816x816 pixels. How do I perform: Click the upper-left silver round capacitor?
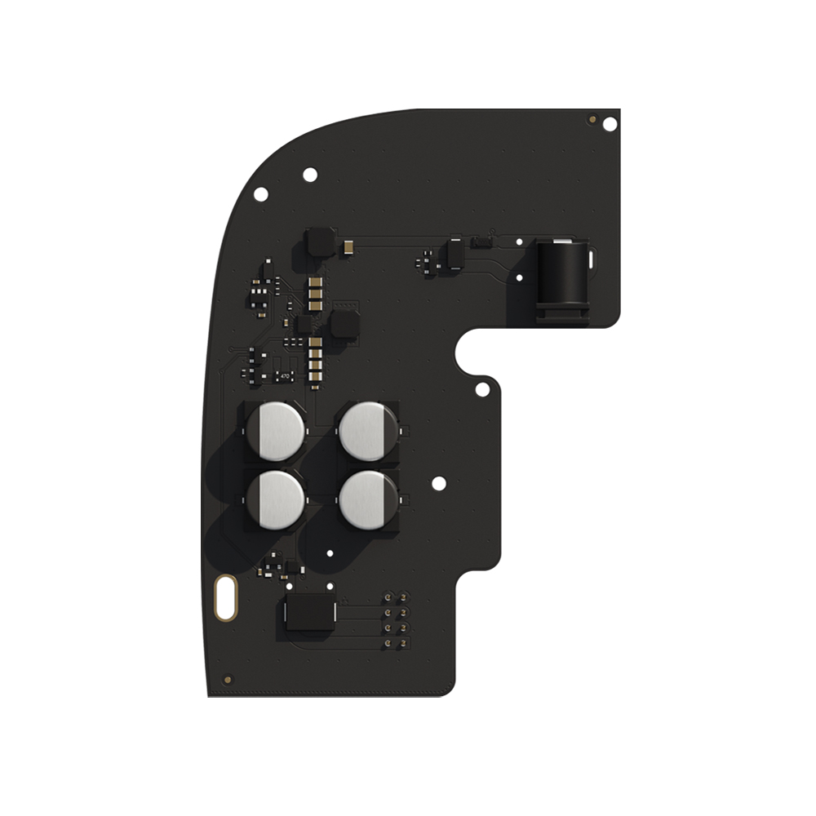pyautogui.click(x=276, y=431)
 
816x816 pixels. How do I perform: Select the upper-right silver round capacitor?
pyautogui.click(x=368, y=431)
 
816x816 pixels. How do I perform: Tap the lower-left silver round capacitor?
pyautogui.click(x=276, y=499)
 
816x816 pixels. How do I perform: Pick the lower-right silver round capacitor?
pyautogui.click(x=368, y=499)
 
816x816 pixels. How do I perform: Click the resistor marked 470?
pyautogui.click(x=285, y=376)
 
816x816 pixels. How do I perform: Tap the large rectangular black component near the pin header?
pyautogui.click(x=308, y=612)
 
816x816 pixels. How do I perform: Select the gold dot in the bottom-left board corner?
pyautogui.click(x=228, y=678)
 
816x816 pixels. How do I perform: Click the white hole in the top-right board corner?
pyautogui.click(x=610, y=124)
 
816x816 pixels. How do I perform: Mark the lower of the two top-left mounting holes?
pyautogui.click(x=261, y=193)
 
